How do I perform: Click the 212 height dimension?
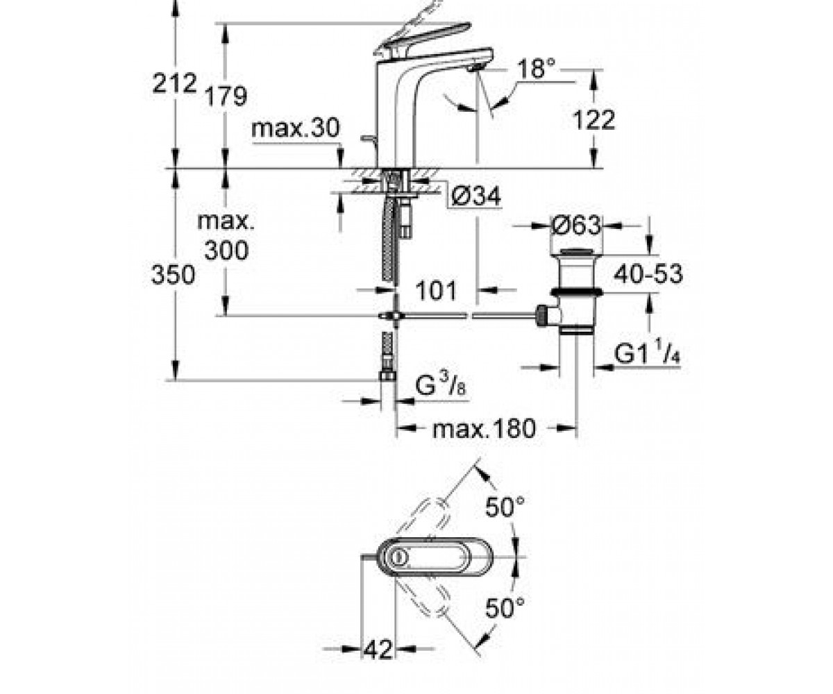(175, 83)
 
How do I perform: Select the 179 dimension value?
(226, 96)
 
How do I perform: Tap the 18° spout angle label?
(537, 69)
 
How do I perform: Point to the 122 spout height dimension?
(594, 119)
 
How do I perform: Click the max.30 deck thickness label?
(295, 128)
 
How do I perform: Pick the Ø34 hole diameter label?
(476, 196)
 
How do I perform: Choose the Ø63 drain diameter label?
(575, 226)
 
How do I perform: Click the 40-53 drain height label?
(648, 274)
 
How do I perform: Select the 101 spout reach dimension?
(436, 290)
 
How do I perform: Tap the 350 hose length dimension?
(173, 275)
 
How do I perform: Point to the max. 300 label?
(226, 236)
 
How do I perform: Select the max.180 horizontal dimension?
(484, 429)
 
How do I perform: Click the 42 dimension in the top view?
(378, 650)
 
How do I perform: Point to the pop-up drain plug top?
(575, 252)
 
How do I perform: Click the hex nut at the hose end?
(387, 375)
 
